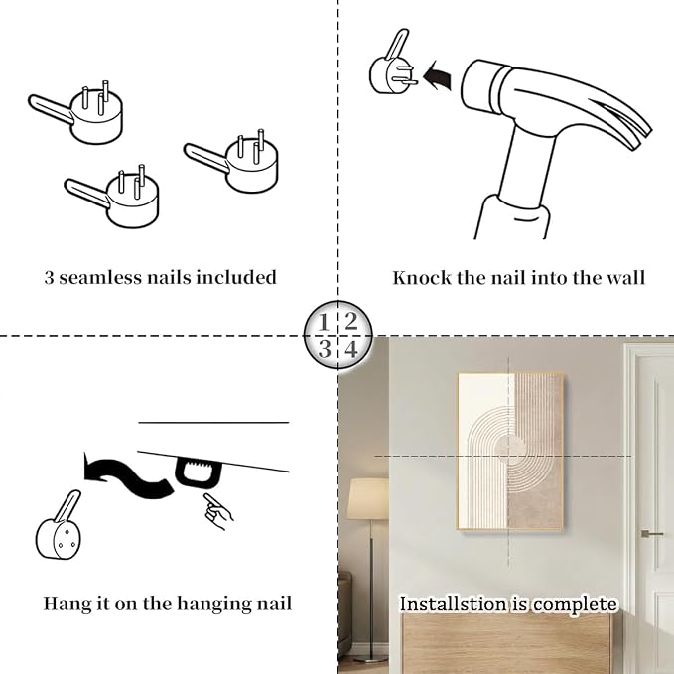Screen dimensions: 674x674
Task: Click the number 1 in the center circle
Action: click(324, 323)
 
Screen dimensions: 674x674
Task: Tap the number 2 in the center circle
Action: click(351, 321)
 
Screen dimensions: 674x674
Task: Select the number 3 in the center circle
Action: click(325, 349)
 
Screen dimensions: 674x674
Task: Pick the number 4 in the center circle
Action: click(351, 349)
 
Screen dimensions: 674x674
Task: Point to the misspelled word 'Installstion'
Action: click(453, 604)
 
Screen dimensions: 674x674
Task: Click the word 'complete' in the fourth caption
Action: click(575, 605)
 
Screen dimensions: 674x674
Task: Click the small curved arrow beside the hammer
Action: click(437, 75)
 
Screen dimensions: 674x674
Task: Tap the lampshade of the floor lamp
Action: click(368, 497)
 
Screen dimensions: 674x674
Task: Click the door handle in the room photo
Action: click(651, 534)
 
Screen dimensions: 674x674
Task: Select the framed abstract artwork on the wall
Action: click(510, 453)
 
